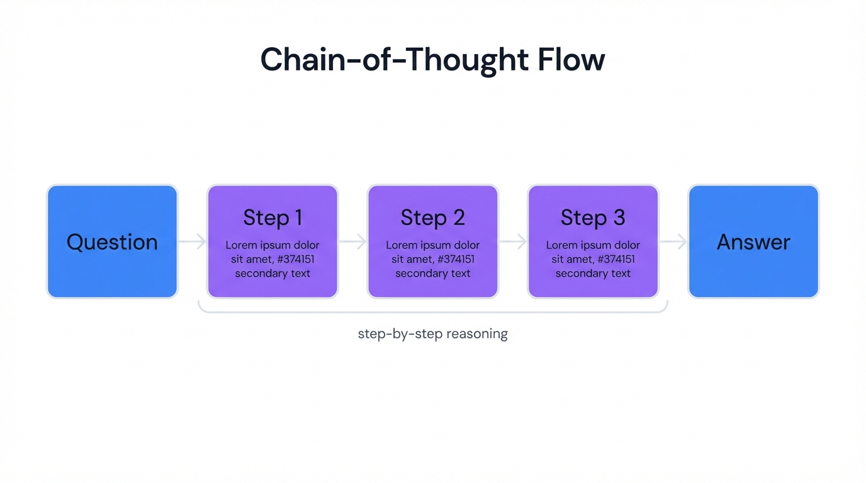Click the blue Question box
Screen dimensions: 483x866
pos(112,241)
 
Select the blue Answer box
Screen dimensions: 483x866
pos(753,241)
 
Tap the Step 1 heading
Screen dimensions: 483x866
pos(273,218)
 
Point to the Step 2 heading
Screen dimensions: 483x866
pos(433,218)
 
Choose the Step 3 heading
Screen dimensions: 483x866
pos(593,218)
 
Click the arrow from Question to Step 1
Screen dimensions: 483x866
pos(193,241)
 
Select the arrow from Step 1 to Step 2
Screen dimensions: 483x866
pos(353,241)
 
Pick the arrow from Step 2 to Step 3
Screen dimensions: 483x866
pos(513,241)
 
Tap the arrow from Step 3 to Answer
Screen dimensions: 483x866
pos(673,241)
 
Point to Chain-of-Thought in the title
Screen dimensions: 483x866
pos(394,60)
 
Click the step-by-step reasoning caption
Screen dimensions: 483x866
pos(433,333)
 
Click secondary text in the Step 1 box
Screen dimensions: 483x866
pos(273,274)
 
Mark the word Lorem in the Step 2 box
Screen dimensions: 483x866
pos(402,245)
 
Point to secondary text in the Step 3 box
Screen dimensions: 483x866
pos(593,274)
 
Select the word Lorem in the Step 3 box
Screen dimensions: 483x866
pos(561,245)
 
